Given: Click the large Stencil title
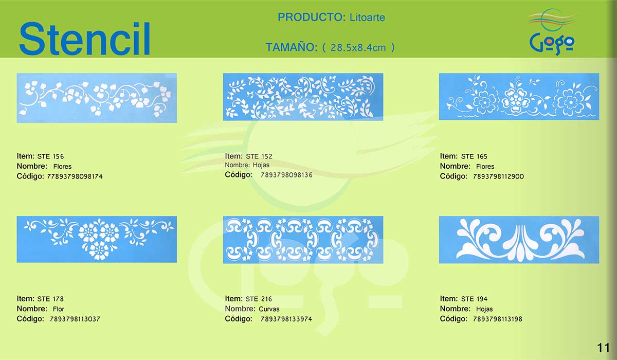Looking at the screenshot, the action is click(84, 39).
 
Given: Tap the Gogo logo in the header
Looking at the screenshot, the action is click(552, 32).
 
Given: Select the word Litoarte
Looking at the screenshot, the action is click(367, 17).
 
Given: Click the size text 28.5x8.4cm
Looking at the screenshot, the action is click(358, 48).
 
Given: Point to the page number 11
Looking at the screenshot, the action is click(603, 348).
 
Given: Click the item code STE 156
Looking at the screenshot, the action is click(50, 156).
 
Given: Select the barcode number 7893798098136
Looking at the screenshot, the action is click(286, 175).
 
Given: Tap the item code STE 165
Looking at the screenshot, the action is click(474, 156).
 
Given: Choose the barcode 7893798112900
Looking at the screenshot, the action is click(498, 176).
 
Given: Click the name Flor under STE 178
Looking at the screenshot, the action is click(59, 309).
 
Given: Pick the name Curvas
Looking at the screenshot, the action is click(269, 309).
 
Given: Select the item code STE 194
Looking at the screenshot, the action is click(474, 299).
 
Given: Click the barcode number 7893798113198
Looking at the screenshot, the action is click(498, 319).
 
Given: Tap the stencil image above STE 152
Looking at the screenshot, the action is click(303, 97).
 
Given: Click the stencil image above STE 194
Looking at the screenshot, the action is click(519, 240).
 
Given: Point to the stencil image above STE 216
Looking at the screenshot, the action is click(303, 240).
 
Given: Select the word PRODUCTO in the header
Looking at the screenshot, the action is click(311, 17).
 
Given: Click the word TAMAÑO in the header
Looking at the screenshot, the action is click(292, 47).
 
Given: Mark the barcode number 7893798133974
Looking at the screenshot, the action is click(286, 319).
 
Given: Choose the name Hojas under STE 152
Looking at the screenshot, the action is click(261, 165).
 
